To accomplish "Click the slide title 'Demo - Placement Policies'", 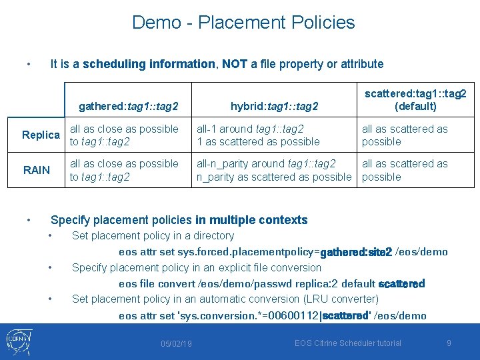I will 243,22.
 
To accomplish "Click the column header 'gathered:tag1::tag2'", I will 128,106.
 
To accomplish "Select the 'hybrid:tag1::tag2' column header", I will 274,106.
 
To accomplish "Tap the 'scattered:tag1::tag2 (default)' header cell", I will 415,100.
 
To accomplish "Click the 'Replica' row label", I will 41,135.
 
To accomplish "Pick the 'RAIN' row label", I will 37,170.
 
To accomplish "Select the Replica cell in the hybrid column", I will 258,135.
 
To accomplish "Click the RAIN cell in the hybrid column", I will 273,170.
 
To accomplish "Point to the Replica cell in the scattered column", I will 405,135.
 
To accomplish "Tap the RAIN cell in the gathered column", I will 124,170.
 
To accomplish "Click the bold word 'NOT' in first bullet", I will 235,64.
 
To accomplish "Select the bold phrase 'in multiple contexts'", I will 251,220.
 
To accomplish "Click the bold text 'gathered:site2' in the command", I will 356,252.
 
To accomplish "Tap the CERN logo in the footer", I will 21,342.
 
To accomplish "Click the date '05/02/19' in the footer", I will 177,343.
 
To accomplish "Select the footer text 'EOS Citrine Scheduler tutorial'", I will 348,343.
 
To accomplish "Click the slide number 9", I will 449,343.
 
